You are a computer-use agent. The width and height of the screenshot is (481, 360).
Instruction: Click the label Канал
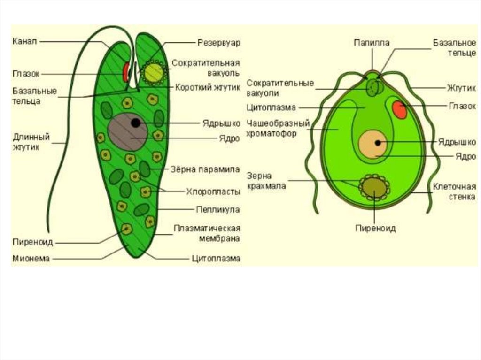24,41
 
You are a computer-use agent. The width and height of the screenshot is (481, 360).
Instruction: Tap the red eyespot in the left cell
126,72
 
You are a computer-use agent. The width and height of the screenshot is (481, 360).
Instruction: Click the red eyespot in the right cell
400,109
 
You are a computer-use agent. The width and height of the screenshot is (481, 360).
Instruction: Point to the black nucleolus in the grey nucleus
136,123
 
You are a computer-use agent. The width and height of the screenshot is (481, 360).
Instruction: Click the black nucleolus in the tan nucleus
377,142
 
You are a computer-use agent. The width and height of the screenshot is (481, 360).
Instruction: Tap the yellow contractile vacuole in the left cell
153,72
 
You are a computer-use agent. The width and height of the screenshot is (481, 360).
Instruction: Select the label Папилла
371,43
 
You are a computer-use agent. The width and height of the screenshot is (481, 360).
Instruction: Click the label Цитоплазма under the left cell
216,258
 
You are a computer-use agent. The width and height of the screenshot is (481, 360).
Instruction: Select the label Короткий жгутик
208,87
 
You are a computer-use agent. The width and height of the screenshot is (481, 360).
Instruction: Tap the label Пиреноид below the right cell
375,229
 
